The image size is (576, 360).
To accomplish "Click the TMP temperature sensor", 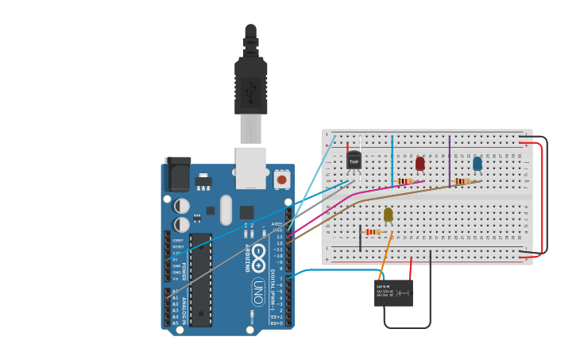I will pyautogui.click(x=354, y=160).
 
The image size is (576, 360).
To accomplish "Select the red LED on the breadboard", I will pyautogui.click(x=420, y=163).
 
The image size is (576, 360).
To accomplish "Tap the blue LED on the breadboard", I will pyautogui.click(x=477, y=163).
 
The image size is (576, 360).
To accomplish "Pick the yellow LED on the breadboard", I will pyautogui.click(x=388, y=214).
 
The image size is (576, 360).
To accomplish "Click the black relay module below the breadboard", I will pyautogui.click(x=393, y=292).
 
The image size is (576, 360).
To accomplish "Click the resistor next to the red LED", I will pyautogui.click(x=404, y=181).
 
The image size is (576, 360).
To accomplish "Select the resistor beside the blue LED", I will pyautogui.click(x=462, y=181).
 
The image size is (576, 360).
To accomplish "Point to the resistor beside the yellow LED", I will pyautogui.click(x=371, y=232).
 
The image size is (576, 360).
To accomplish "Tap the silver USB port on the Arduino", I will pyautogui.click(x=251, y=167).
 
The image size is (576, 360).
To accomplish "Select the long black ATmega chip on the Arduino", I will pyautogui.click(x=200, y=280).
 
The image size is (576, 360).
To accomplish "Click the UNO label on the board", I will pyautogui.click(x=258, y=292).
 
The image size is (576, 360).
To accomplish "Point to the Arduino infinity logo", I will pyautogui.click(x=258, y=254).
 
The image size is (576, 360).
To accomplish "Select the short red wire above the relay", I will pyautogui.click(x=411, y=268).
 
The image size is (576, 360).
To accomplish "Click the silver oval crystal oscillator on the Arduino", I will pyautogui.click(x=226, y=210).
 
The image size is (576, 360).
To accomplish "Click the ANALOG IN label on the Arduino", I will pyautogui.click(x=184, y=306).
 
